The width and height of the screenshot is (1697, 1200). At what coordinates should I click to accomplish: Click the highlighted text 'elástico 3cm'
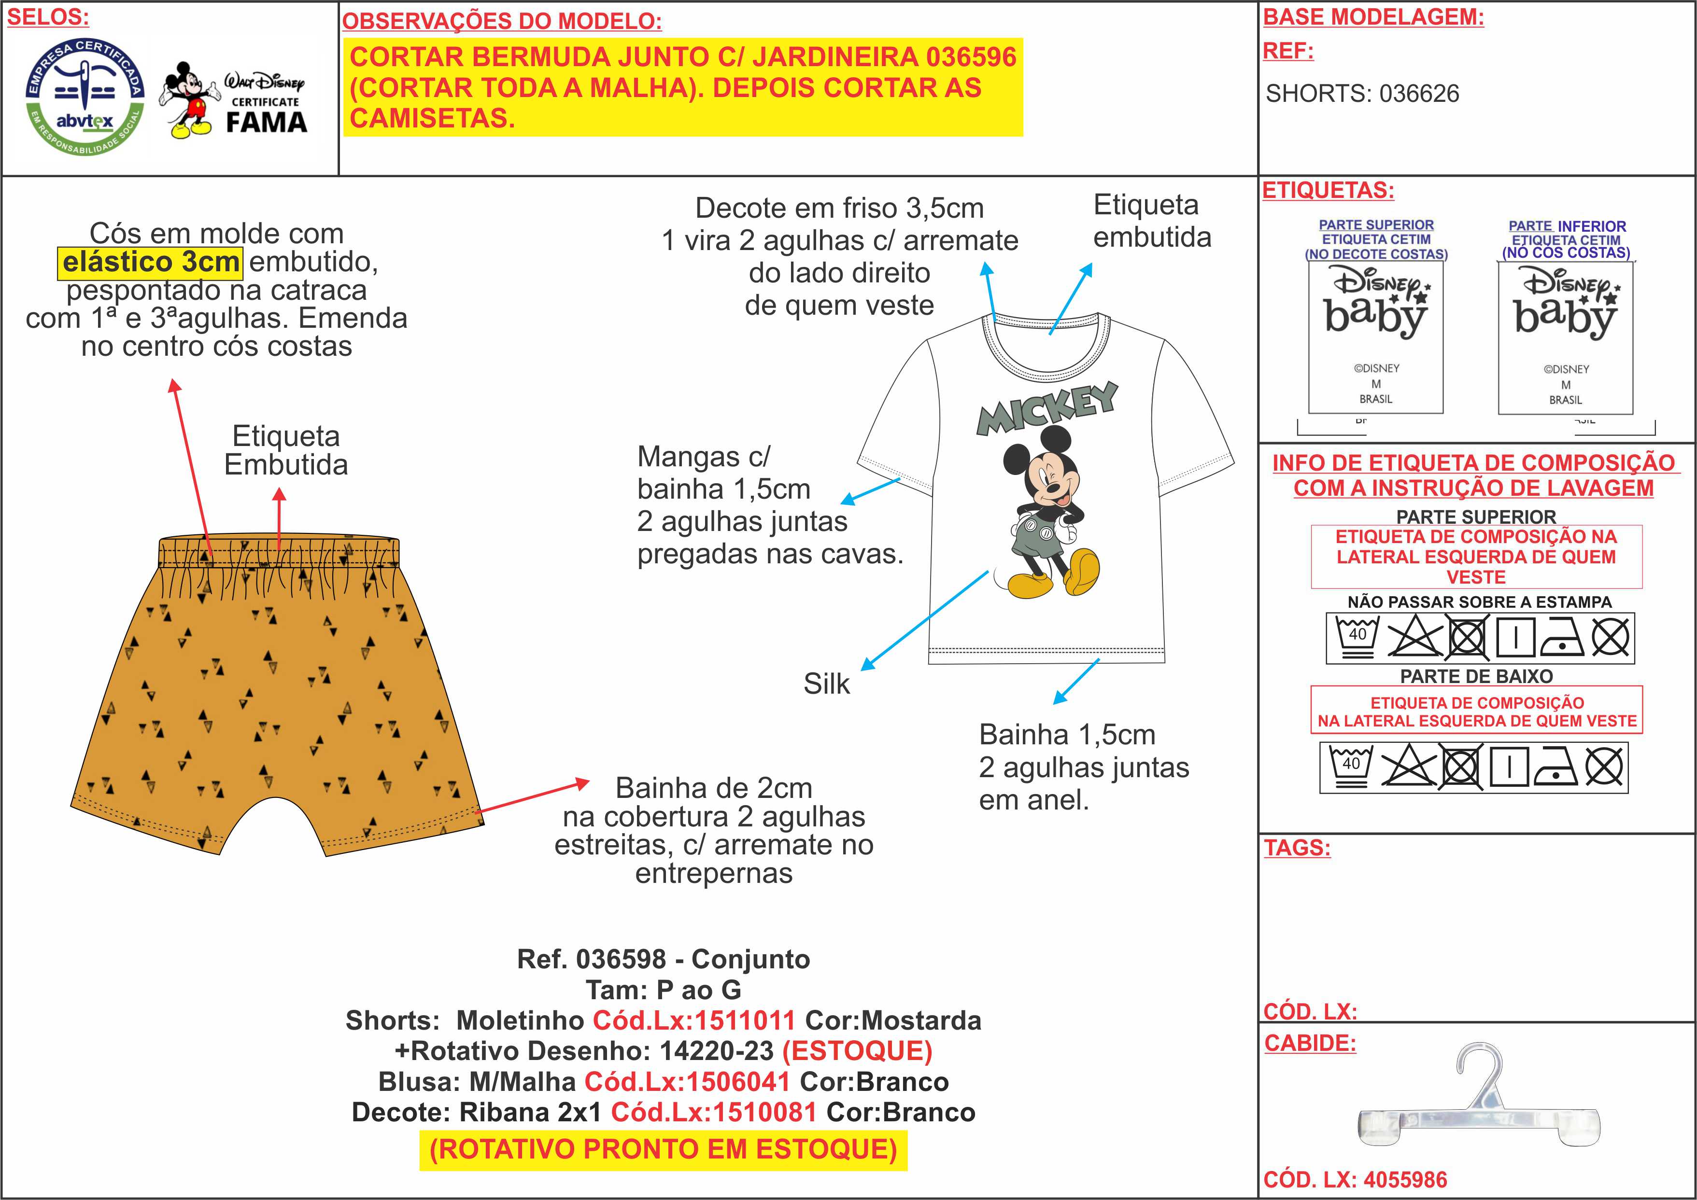tap(150, 262)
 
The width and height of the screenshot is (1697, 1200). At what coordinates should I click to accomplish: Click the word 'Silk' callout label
tap(826, 684)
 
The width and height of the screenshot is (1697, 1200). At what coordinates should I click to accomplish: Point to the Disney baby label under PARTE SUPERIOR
tap(1375, 337)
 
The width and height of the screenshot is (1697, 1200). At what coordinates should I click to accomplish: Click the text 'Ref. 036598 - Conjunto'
tap(663, 959)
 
